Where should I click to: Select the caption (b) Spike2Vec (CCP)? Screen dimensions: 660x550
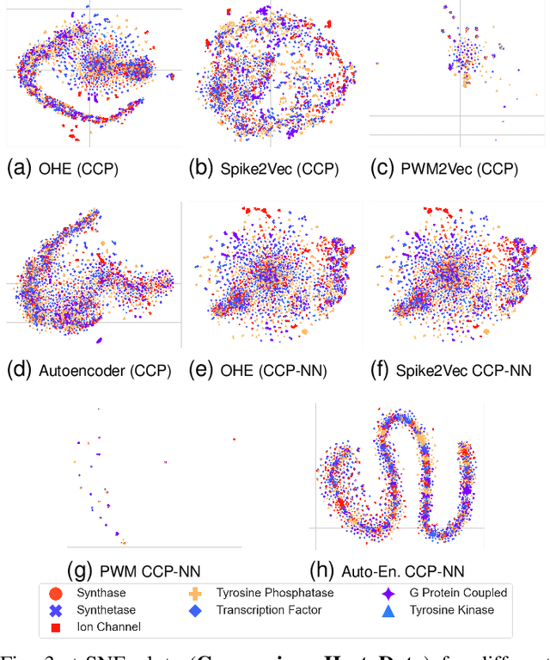click(265, 169)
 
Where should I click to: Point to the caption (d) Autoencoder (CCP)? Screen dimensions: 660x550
click(89, 371)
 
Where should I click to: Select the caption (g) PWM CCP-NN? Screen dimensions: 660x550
click(139, 569)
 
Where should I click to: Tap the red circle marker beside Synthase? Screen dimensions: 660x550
click(55, 593)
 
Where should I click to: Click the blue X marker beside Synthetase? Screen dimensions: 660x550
click(55, 610)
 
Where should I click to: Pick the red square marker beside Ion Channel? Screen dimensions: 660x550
click(55, 627)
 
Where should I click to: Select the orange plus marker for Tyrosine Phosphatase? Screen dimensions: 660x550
click(195, 593)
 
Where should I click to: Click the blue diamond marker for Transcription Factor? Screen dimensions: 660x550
click(195, 610)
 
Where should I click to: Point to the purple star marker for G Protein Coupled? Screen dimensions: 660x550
click(388, 593)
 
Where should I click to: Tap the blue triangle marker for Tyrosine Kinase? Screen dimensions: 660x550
click(388, 610)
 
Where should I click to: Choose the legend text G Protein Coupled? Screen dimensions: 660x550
click(459, 593)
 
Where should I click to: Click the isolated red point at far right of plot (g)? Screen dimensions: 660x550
click(233, 439)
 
